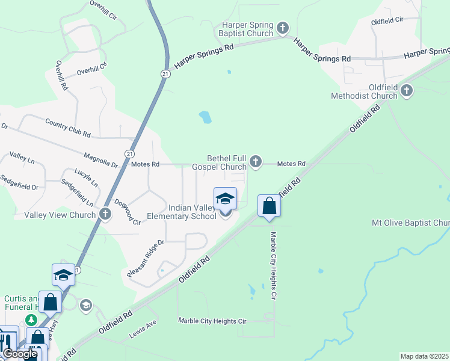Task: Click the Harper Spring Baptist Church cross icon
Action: click(x=283, y=28)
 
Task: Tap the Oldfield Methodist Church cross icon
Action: click(x=407, y=91)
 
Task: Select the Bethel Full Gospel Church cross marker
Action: click(x=256, y=161)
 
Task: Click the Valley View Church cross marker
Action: click(x=105, y=214)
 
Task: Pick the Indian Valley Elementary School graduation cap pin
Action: click(x=225, y=199)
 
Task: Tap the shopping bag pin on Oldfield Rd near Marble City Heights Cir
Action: click(x=269, y=206)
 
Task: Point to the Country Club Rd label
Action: click(x=67, y=127)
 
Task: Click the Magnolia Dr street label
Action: click(x=101, y=159)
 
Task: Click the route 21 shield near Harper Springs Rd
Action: click(x=165, y=73)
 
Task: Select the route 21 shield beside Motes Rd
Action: click(x=129, y=154)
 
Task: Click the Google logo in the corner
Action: click(x=19, y=354)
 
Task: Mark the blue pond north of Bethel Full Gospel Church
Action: click(x=205, y=117)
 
